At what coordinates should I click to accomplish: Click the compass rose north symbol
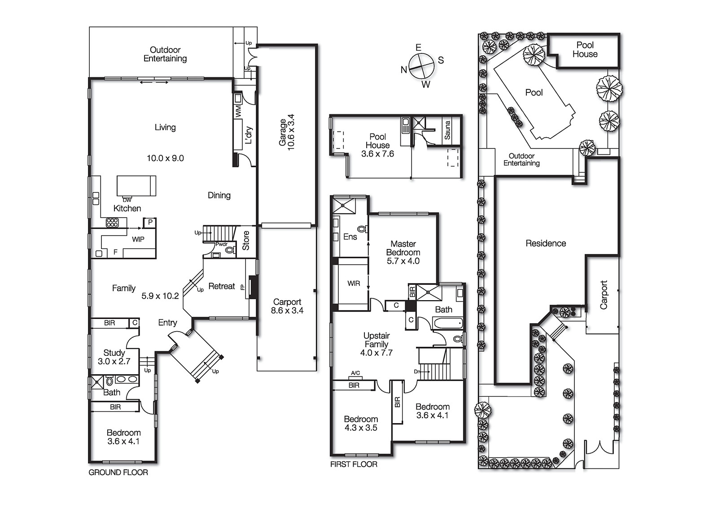pos(404,70)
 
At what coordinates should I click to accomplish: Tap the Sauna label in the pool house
pos(447,130)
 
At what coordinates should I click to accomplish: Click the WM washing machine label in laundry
pos(238,111)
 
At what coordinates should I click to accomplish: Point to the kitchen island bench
pos(136,186)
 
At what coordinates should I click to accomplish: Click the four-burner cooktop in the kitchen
pos(112,223)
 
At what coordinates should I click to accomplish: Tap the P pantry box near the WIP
pos(150,222)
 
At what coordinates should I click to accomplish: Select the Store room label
pos(246,240)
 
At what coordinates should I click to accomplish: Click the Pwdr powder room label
pos(221,245)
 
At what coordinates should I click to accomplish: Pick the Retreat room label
pos(222,286)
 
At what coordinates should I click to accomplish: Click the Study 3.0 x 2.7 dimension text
pos(114,362)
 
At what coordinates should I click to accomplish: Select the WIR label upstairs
pos(354,283)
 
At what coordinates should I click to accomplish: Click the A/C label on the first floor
pos(355,373)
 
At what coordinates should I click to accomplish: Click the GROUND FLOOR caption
pos(118,472)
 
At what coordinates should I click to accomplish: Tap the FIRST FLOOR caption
pos(354,464)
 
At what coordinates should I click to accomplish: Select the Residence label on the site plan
pos(546,243)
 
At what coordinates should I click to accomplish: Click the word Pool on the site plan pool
pos(534,92)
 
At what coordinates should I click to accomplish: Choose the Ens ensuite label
pos(350,236)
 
